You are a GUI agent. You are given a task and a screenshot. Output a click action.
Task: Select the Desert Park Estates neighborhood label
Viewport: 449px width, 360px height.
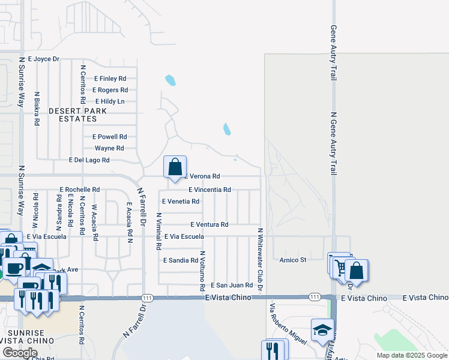(77, 115)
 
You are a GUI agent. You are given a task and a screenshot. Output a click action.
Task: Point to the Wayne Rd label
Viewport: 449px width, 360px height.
(109, 148)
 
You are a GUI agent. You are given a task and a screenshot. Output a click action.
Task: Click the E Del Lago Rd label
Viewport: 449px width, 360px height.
(89, 160)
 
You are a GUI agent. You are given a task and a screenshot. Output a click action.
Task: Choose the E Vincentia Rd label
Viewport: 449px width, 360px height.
(209, 190)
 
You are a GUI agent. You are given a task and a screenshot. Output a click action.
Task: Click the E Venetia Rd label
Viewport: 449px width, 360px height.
(181, 202)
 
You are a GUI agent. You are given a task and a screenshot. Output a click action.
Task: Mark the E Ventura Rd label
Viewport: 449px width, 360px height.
(209, 224)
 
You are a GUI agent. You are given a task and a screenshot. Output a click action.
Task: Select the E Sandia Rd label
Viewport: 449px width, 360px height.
(180, 260)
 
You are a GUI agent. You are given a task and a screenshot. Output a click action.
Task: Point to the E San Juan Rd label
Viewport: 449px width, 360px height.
(231, 285)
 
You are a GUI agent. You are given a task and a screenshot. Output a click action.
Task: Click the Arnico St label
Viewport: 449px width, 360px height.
(293, 260)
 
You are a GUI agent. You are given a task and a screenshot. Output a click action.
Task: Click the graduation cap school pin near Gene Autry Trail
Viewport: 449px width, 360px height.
(322, 331)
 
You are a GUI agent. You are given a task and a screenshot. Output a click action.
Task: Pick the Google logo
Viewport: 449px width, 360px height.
(19, 353)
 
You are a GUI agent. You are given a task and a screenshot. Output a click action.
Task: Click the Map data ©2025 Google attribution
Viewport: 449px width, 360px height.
(412, 355)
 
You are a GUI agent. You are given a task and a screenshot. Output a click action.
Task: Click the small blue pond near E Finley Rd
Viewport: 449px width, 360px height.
(170, 80)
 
